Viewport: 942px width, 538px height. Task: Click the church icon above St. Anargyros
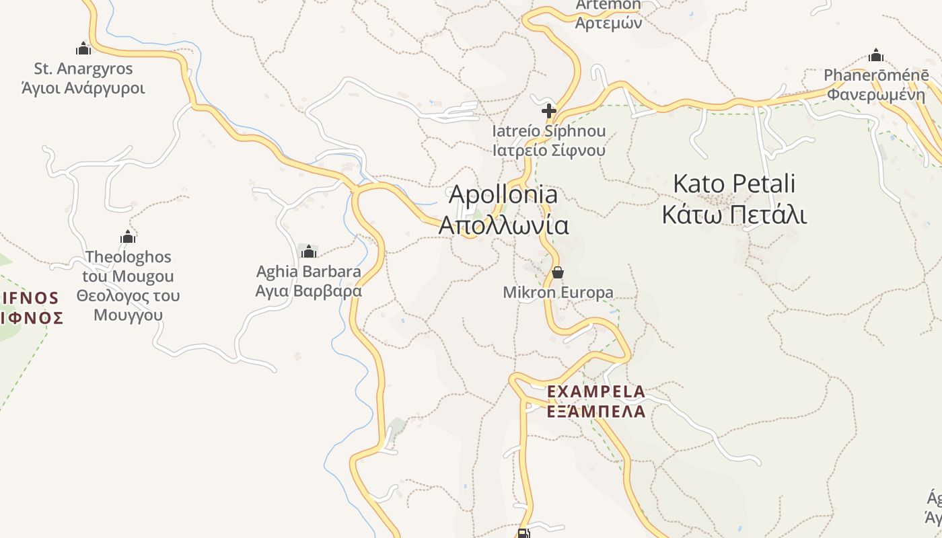pos(83,48)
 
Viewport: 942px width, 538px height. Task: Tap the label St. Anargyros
pos(83,69)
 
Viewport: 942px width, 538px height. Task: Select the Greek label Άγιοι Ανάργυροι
pos(83,88)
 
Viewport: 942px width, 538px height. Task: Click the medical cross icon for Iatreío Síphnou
pos(549,110)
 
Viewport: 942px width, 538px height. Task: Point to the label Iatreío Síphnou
pos(549,130)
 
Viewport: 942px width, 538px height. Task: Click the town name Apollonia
pos(503,194)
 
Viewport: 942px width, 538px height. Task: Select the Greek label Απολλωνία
pos(503,225)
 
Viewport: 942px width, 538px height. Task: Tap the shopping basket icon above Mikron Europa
pos(558,272)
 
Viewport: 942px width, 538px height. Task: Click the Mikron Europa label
pos(558,293)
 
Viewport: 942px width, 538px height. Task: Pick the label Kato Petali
pos(734,184)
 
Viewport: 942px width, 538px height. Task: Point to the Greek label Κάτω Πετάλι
pos(734,215)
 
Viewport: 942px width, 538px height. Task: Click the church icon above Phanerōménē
pos(876,54)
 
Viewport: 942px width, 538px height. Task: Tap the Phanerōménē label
pos(876,75)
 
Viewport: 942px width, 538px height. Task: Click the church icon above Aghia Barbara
pos(309,252)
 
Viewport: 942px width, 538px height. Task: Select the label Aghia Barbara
pos(309,272)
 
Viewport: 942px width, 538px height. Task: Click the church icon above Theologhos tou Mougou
pos(128,237)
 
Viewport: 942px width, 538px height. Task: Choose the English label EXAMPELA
pos(596,391)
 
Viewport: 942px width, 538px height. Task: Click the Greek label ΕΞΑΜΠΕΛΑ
pos(596,412)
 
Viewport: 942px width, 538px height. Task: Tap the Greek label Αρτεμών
pos(609,23)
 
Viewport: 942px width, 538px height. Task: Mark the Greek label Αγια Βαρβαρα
pos(309,291)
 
